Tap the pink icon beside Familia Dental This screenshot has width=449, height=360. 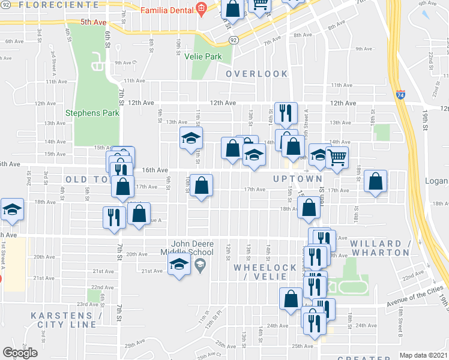pyautogui.click(x=201, y=10)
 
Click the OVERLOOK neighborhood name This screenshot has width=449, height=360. pyautogui.click(x=257, y=74)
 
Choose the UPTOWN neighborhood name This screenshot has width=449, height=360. pyautogui.click(x=298, y=179)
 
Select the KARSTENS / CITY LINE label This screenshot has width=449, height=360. pyautogui.click(x=67, y=320)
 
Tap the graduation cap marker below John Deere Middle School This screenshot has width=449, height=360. pyautogui.click(x=179, y=265)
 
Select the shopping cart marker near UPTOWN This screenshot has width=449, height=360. pyautogui.click(x=337, y=158)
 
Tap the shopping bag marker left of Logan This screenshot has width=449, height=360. pyautogui.click(x=375, y=182)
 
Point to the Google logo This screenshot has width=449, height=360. pyautogui.click(x=20, y=353)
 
